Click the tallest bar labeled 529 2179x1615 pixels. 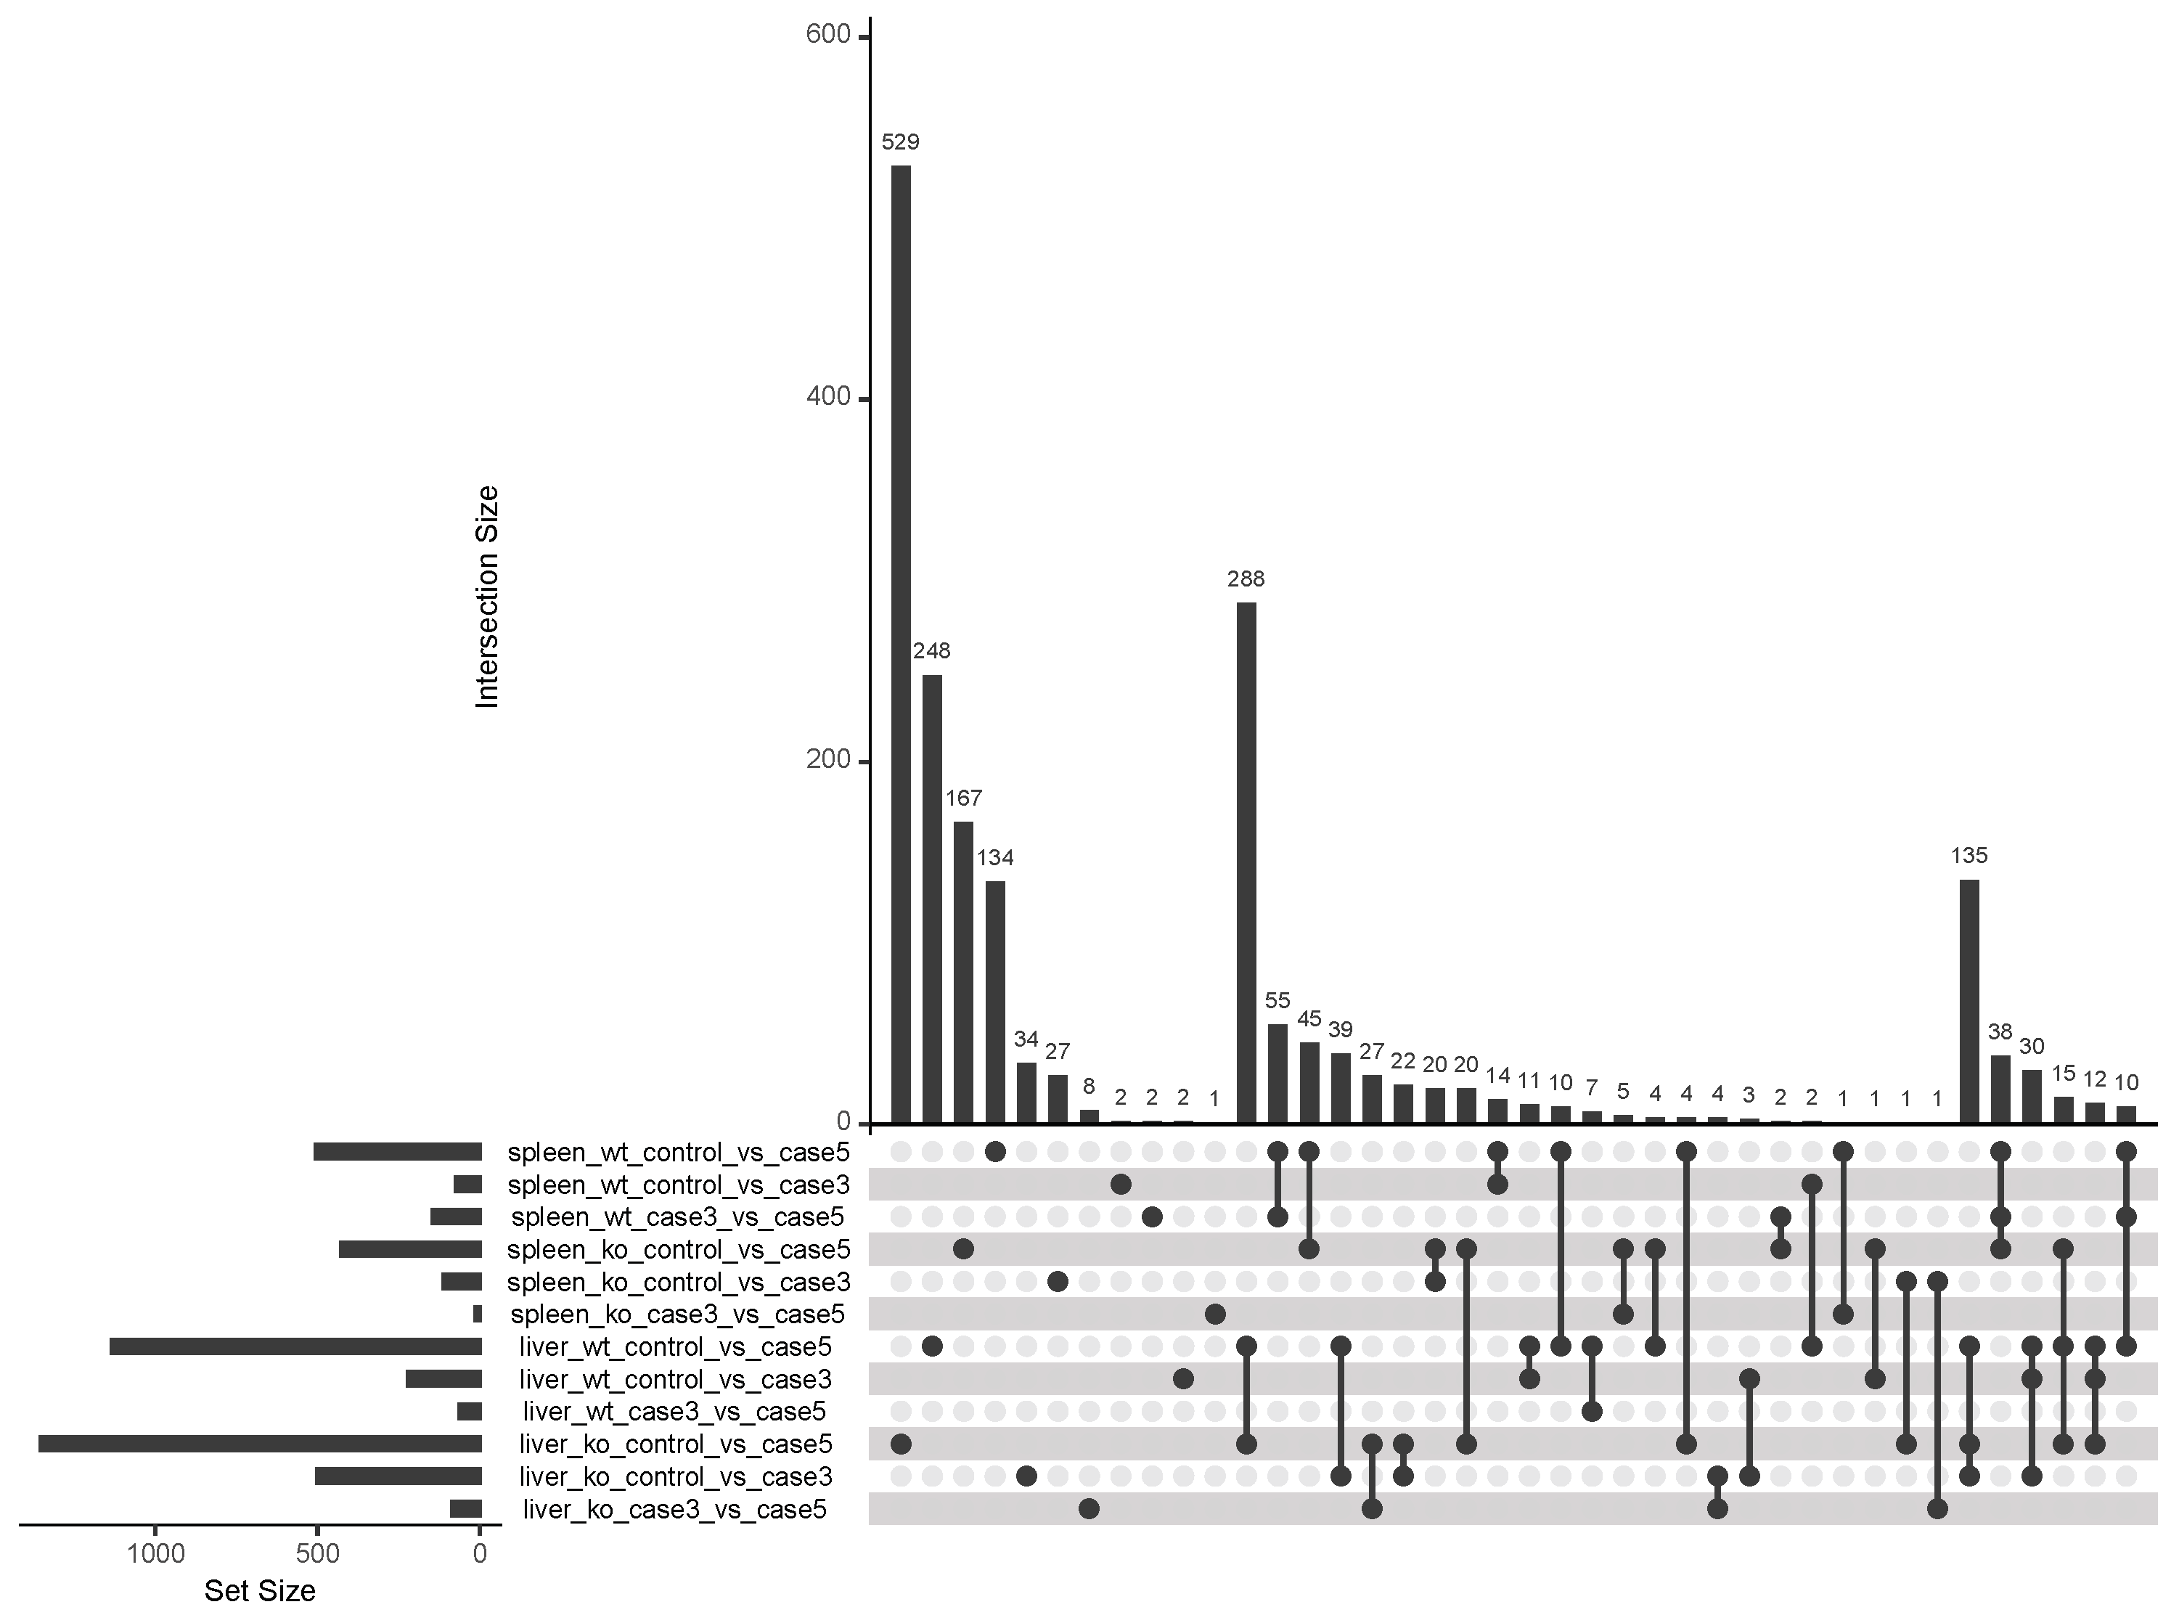coord(900,645)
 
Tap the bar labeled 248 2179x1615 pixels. coord(931,899)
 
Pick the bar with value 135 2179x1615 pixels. coord(1969,1002)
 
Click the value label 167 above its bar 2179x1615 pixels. coord(963,798)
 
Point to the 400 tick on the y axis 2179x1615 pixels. coord(829,397)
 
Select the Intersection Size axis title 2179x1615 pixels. coord(487,597)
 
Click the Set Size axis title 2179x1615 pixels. coord(259,1590)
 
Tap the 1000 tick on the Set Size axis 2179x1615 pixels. coord(155,1553)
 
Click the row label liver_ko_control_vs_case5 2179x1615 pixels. coord(674,1444)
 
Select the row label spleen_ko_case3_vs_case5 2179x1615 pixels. coord(676,1314)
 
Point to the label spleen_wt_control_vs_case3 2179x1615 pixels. coord(679,1185)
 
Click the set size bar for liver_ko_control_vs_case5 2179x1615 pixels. coord(259,1444)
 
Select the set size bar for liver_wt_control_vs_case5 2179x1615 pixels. coord(295,1347)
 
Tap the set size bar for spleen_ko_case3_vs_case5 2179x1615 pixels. coord(477,1314)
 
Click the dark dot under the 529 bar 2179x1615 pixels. coord(900,1444)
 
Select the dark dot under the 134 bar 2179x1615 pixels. coord(995,1152)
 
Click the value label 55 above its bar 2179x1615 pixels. coord(1277,1000)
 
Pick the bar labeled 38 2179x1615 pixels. coord(2000,1089)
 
